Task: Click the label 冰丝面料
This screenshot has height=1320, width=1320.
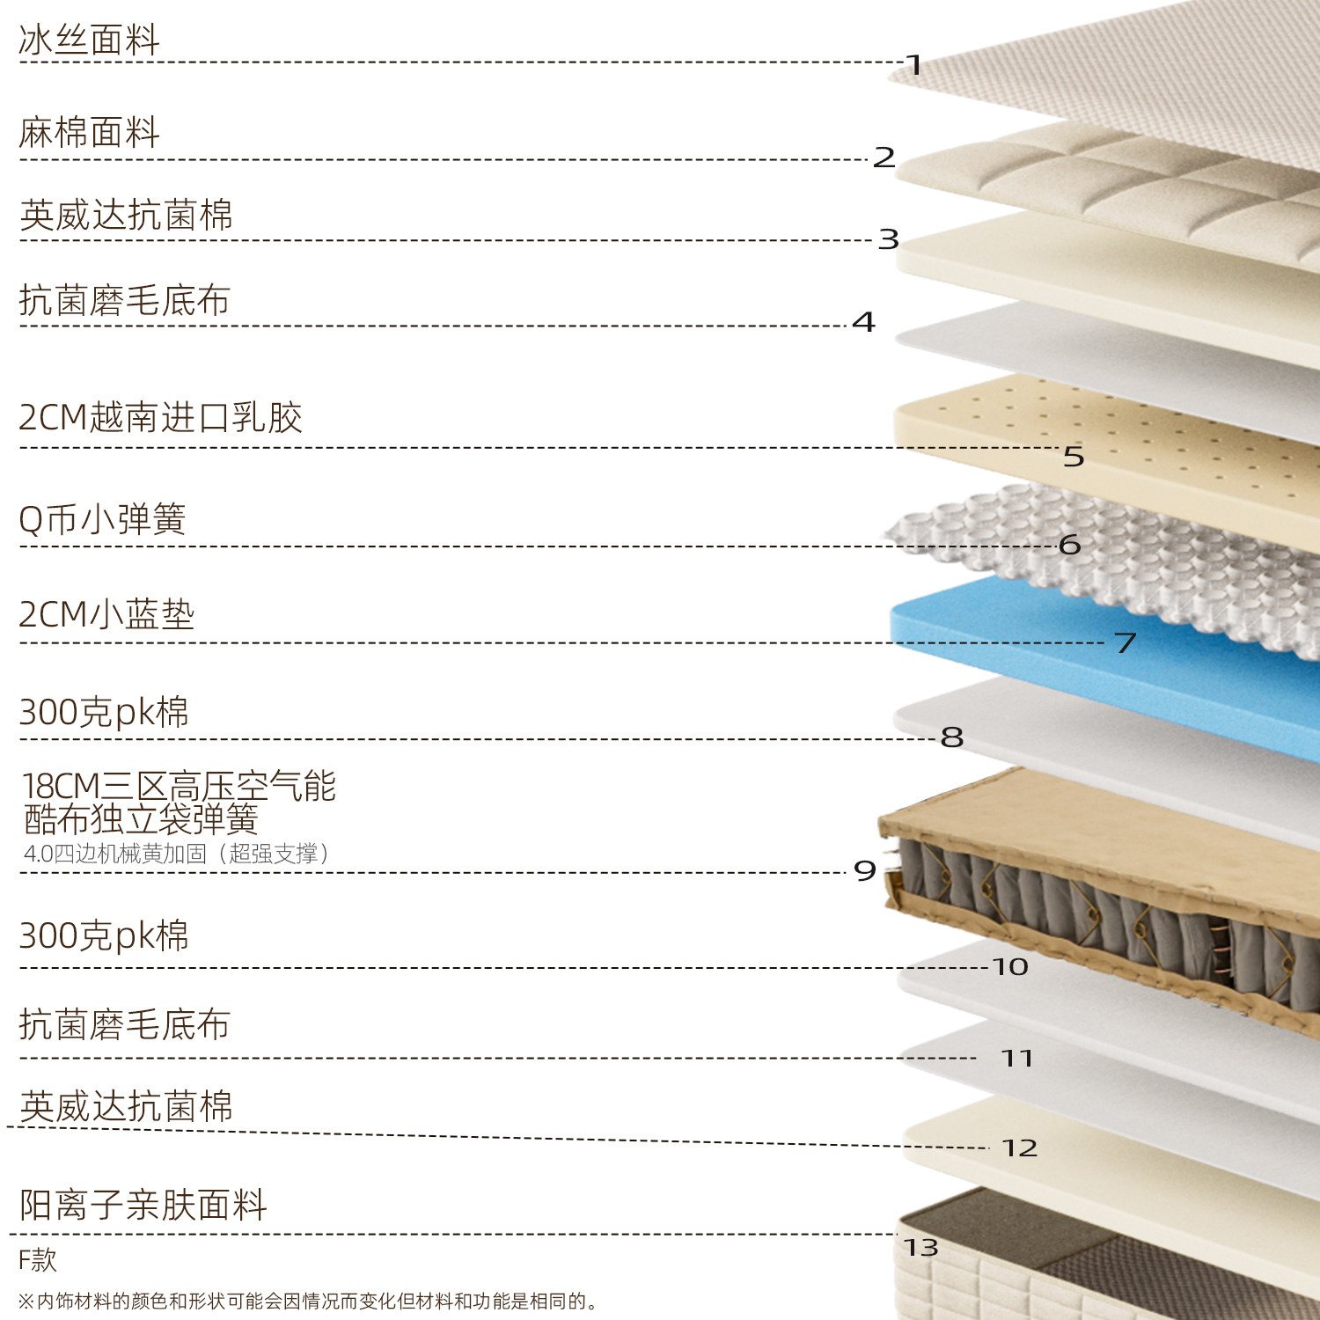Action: (89, 40)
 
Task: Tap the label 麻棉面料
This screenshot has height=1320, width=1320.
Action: (89, 133)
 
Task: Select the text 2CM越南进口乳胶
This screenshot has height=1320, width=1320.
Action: (160, 418)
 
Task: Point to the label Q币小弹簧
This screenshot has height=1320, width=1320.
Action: (102, 519)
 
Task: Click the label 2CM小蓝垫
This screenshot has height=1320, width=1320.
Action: (106, 614)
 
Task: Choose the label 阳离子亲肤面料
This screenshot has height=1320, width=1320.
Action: (143, 1205)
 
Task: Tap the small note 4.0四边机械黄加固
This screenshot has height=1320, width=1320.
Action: (176, 854)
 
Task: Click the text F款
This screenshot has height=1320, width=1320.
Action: (38, 1260)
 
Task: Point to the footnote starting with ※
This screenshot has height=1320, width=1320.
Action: (308, 1302)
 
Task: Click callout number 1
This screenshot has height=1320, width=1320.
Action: (914, 65)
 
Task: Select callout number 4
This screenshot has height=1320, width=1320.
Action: (863, 322)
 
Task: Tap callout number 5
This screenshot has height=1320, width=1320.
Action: (1074, 457)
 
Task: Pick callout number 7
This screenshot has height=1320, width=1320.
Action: (1125, 642)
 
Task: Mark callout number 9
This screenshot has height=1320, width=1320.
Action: (865, 871)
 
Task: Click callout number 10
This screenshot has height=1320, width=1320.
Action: (1010, 967)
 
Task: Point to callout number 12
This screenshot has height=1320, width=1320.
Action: (1020, 1148)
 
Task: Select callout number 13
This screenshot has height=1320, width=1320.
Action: (921, 1248)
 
